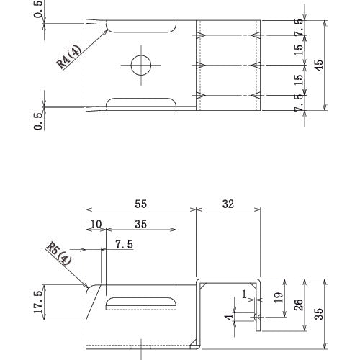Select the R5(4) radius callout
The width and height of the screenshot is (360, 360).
(x=59, y=253)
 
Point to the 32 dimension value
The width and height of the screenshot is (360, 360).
(x=228, y=204)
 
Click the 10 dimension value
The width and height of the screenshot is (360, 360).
(x=96, y=225)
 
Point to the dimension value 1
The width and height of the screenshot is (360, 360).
(x=244, y=294)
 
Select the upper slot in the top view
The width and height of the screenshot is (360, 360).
(x=142, y=28)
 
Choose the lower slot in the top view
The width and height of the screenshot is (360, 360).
(x=142, y=102)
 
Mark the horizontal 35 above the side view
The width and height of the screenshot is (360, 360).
(x=140, y=225)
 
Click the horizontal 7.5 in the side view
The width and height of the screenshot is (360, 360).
(x=123, y=244)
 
